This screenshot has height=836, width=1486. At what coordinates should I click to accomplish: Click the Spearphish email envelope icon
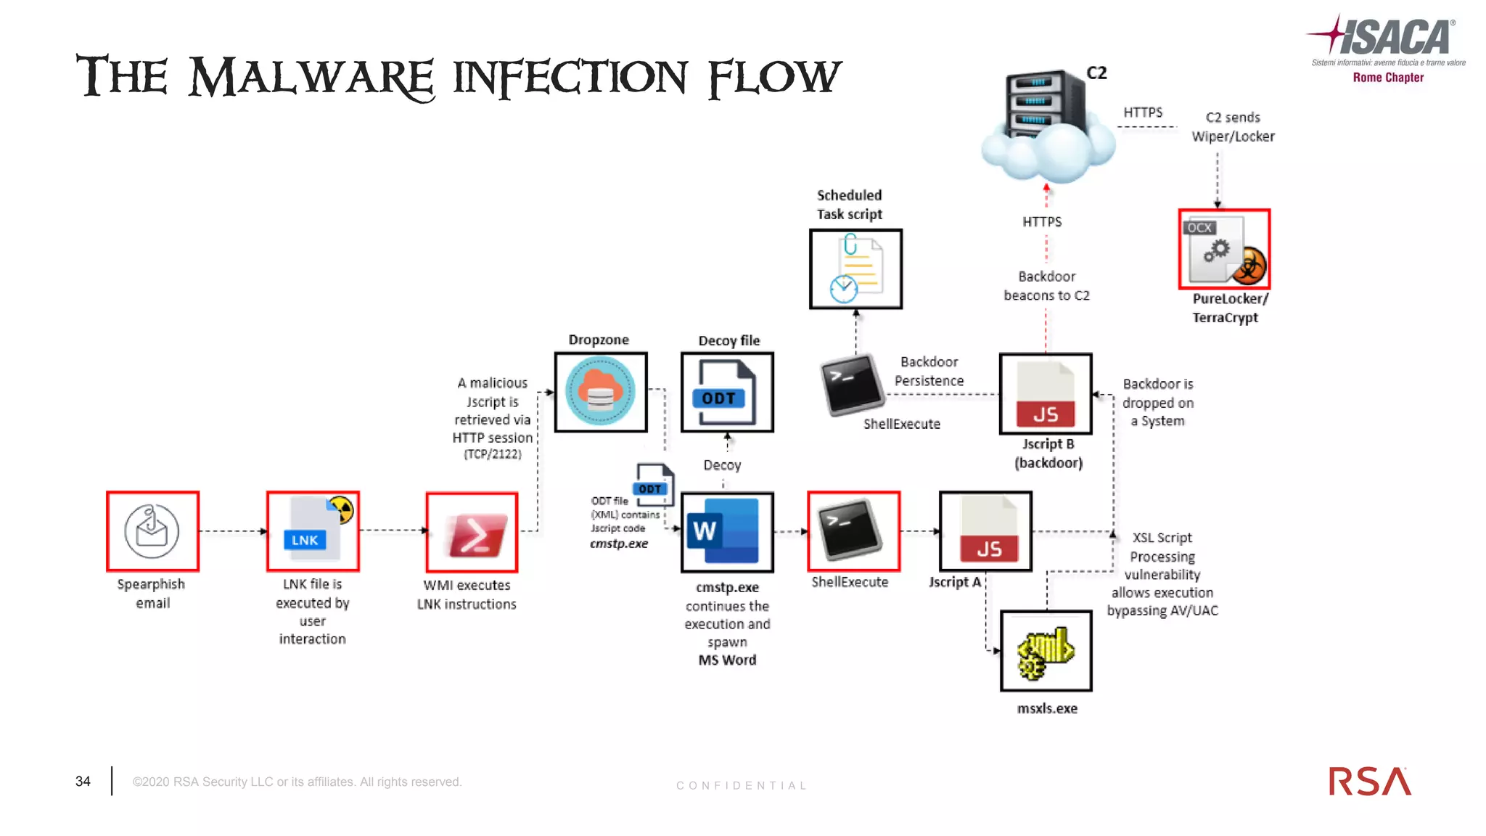[152, 531]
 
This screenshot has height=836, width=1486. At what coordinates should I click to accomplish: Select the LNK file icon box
[313, 531]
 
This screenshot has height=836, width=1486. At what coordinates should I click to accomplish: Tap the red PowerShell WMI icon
[472, 533]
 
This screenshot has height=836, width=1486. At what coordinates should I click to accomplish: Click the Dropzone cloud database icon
[600, 393]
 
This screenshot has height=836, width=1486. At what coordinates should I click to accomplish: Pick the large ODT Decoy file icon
[727, 393]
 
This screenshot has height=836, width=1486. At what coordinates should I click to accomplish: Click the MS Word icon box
[727, 532]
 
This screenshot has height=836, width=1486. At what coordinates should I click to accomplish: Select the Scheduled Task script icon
[855, 269]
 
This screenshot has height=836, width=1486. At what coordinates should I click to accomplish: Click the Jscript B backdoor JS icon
[1046, 394]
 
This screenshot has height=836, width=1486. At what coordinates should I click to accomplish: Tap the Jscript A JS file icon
[985, 531]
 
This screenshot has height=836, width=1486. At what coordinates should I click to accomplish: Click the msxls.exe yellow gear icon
[1046, 651]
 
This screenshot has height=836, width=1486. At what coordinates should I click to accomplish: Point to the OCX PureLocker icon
[1224, 250]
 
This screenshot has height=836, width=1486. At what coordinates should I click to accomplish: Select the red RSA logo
[1369, 782]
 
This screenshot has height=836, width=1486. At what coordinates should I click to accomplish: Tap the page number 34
[83, 782]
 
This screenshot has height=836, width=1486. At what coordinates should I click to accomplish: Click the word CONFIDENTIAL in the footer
[742, 785]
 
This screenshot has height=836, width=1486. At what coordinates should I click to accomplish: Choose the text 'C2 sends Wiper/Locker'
[1233, 127]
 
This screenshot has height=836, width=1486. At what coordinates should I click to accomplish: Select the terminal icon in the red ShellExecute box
[853, 531]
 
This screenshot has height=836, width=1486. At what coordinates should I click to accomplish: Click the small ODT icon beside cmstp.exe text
[654, 485]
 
